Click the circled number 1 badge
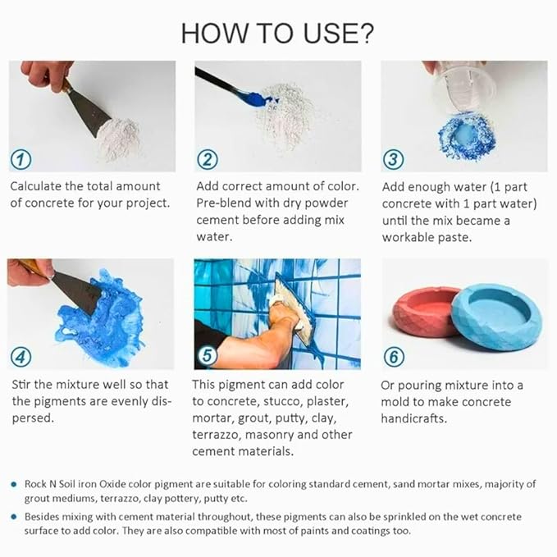[x=21, y=159]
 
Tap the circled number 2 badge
[x=207, y=159]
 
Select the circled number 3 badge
[x=393, y=159]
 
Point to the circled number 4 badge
[x=21, y=357]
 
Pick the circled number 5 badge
[x=207, y=355]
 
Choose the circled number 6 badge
[x=394, y=357]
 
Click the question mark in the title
[x=365, y=34]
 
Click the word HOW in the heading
[x=214, y=34]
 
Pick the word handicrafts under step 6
[x=413, y=418]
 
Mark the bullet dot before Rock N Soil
[x=14, y=484]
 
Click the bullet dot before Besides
[x=14, y=517]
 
